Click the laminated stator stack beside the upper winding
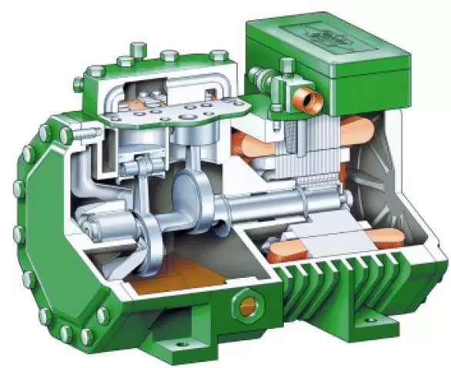[x=308, y=154]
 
